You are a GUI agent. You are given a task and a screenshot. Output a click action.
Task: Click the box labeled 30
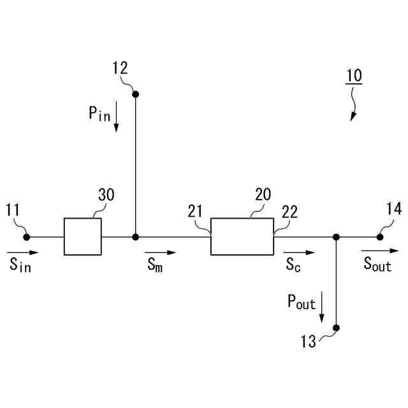[82, 237]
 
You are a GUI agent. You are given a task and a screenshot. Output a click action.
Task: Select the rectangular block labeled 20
[242, 237]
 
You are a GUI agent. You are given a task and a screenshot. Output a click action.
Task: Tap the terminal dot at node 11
[27, 237]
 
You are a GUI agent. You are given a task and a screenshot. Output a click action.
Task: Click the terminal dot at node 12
[135, 94]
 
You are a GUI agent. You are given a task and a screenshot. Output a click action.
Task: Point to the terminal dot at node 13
[337, 328]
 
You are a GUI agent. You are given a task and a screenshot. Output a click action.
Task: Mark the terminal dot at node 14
[380, 237]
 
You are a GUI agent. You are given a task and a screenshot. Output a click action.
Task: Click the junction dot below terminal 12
[135, 237]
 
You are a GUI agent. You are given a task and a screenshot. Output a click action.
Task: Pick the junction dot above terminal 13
[337, 237]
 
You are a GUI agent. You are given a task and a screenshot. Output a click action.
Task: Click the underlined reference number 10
[354, 75]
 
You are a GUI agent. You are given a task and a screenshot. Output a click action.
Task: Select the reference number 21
[196, 212]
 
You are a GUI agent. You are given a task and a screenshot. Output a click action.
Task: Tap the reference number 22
[289, 213]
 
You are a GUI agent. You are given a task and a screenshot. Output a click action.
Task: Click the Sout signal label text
[377, 265]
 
